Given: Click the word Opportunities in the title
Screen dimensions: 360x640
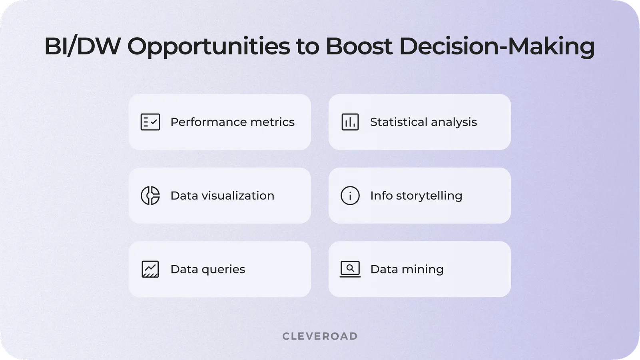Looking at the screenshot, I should pos(209,46).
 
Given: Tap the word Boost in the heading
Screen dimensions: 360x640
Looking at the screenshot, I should pos(359,46).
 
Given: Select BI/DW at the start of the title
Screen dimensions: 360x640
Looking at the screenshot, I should pos(82,46).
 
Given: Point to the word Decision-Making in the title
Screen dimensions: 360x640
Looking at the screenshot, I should pos(497,46).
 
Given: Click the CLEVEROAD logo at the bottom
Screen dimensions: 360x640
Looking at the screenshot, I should pos(320,336).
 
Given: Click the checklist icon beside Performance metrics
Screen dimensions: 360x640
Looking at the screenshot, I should pos(150,122).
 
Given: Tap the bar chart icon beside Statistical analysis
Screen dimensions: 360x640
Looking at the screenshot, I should pos(350,122).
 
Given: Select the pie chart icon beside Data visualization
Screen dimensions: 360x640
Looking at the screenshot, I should pos(150,196).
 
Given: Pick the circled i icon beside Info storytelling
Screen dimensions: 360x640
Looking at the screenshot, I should pos(350,196).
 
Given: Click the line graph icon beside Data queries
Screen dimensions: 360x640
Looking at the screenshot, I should pos(150,269).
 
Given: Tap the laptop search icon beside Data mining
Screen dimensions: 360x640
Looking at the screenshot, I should pos(350,269).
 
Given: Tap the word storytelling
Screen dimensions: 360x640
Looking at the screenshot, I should pos(429,196).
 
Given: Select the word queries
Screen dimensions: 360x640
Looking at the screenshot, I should pos(223,270).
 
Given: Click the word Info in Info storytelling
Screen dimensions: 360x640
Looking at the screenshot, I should pos(381,196).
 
